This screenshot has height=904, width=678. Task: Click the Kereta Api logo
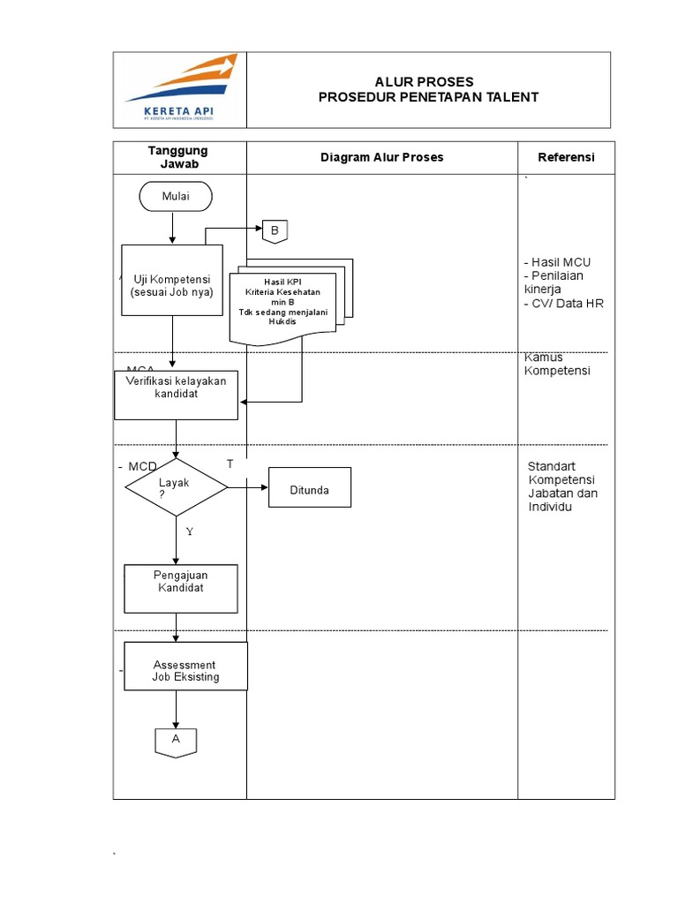click(180, 89)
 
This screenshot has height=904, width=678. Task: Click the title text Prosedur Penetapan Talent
click(428, 97)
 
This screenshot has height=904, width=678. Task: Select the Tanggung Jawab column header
click(178, 157)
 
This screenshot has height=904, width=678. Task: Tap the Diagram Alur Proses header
click(381, 157)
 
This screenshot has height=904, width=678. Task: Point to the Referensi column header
click(566, 157)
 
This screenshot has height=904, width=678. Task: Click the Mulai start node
click(176, 197)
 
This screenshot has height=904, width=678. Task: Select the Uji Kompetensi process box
click(172, 281)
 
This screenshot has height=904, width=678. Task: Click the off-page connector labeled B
click(274, 231)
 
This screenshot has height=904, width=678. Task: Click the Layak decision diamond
click(177, 487)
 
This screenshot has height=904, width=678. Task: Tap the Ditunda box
click(310, 490)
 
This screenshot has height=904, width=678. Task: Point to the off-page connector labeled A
click(176, 741)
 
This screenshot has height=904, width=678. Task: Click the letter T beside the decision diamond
click(230, 464)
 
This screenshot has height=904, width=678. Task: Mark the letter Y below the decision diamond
click(189, 532)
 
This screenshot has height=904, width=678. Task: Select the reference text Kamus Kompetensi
click(557, 364)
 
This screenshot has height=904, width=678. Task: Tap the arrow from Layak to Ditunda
click(248, 487)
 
